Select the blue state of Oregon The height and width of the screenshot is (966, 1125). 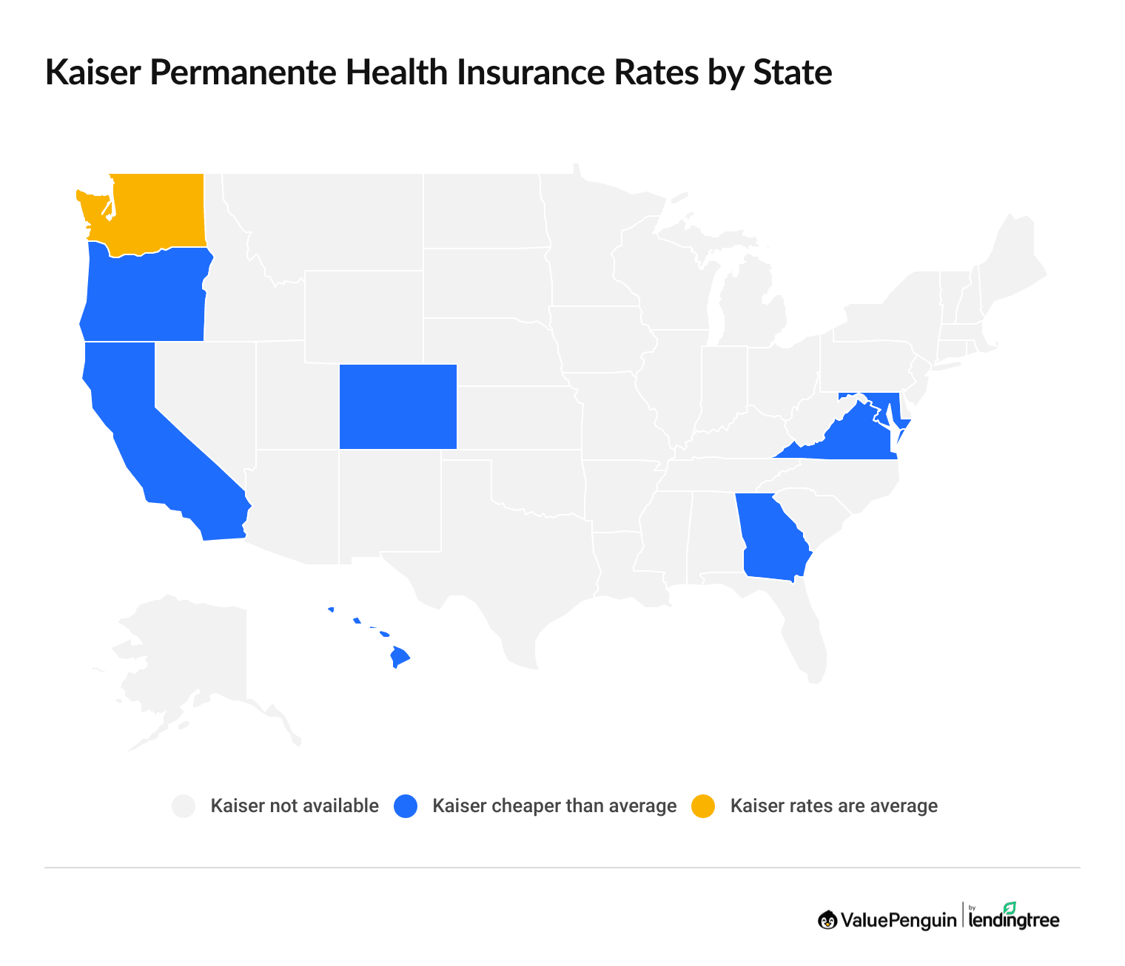point(144,296)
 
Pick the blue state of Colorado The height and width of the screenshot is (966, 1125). point(397,406)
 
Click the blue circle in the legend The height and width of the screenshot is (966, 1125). point(406,806)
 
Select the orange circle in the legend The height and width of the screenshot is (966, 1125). point(703,806)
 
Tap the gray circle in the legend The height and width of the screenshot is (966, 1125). point(184,806)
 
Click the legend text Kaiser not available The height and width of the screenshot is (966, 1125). point(295,806)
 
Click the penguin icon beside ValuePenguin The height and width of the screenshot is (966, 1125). point(827,919)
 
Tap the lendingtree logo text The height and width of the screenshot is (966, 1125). point(1013,919)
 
